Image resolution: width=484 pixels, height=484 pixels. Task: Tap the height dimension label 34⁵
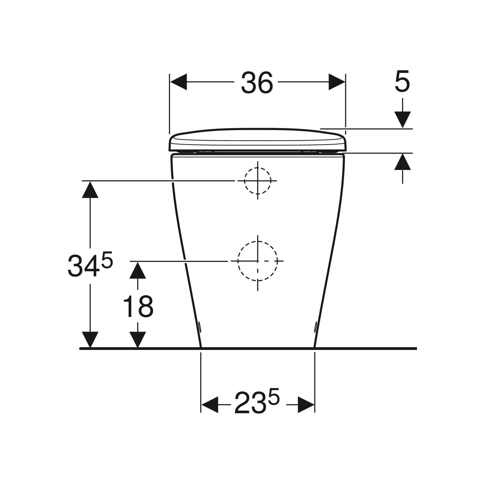tap(90, 266)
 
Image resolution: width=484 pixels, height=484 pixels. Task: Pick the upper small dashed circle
tap(257, 181)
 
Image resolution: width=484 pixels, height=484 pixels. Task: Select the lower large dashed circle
tap(257, 261)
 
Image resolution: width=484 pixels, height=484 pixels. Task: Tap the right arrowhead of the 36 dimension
tap(337, 82)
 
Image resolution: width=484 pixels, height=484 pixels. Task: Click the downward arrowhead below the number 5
tap(402, 120)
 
